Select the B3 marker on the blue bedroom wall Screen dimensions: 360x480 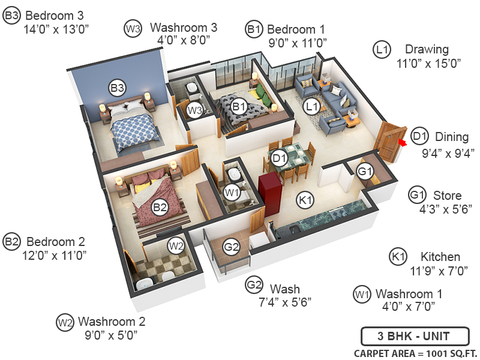(117, 88)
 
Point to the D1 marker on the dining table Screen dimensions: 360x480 (279, 158)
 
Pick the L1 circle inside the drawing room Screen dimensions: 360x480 (311, 107)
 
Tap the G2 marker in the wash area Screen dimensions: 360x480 (232, 246)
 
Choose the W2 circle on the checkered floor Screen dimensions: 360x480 (176, 245)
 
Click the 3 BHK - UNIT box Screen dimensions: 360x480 (406, 336)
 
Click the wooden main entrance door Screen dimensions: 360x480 (388, 142)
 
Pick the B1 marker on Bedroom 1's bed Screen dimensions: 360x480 (239, 107)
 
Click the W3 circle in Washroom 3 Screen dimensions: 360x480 (194, 110)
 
